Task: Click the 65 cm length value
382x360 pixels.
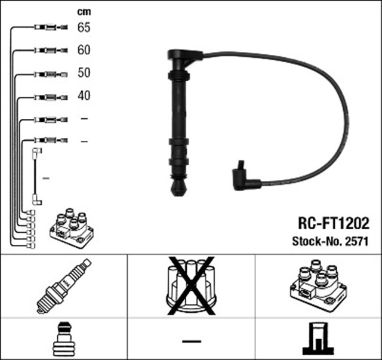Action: (84, 27)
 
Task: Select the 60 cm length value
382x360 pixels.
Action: (84, 50)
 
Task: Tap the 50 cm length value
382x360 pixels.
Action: (84, 73)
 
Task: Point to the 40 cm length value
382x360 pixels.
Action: (84, 96)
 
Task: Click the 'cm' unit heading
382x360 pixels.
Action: (84, 12)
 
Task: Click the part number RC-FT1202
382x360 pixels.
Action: (334, 224)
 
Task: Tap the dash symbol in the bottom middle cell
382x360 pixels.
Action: (191, 340)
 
